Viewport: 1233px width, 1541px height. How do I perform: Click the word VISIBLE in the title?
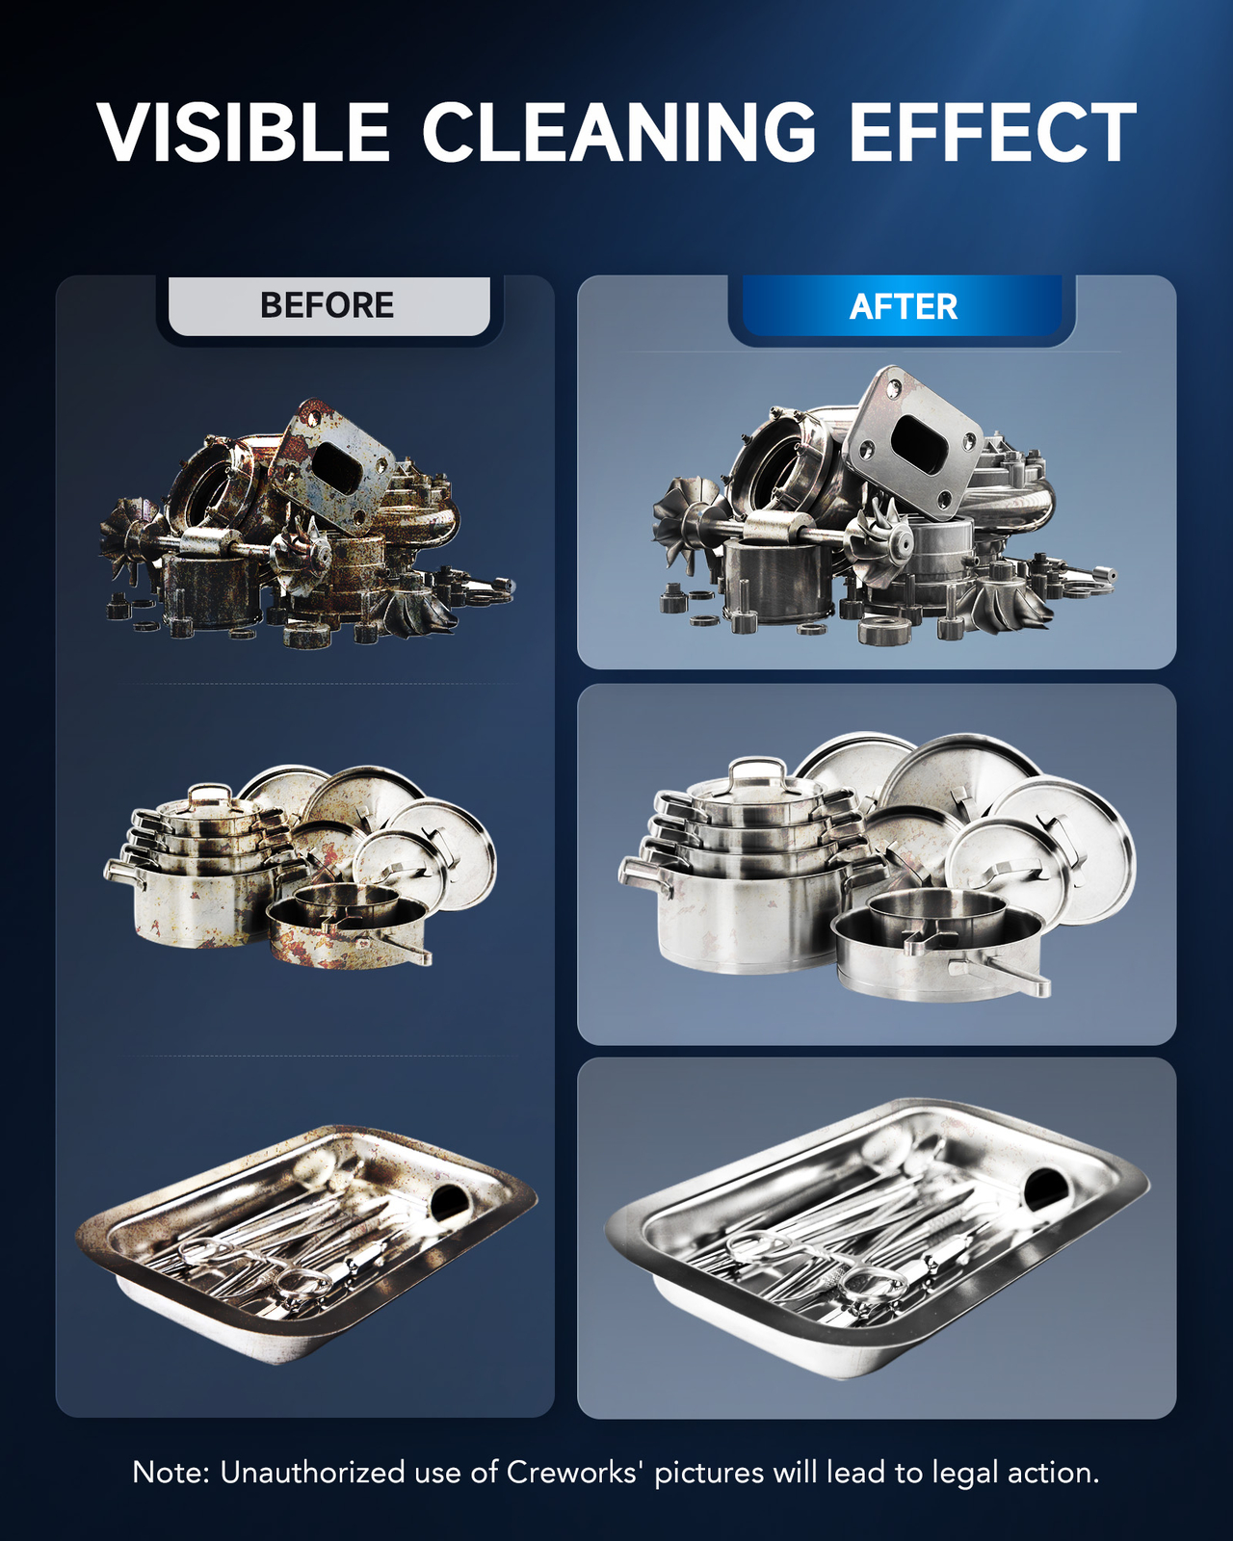pos(244,132)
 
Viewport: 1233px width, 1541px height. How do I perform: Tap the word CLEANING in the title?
pos(619,132)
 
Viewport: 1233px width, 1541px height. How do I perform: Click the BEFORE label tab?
pos(328,305)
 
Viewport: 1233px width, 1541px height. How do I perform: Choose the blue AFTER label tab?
pos(902,305)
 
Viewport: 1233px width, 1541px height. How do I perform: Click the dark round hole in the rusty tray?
pos(448,1202)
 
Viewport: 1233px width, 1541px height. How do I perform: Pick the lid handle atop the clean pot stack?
pos(756,771)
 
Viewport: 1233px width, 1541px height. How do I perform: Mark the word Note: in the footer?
pos(171,1473)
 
